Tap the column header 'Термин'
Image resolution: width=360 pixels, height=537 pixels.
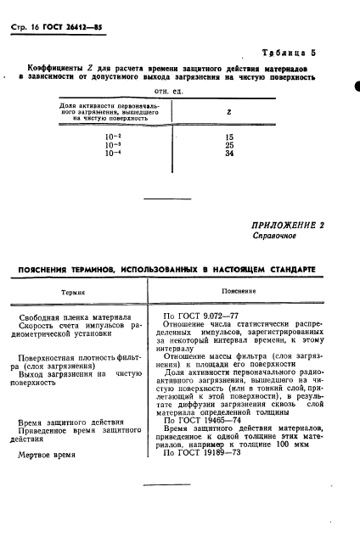(73, 289)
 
